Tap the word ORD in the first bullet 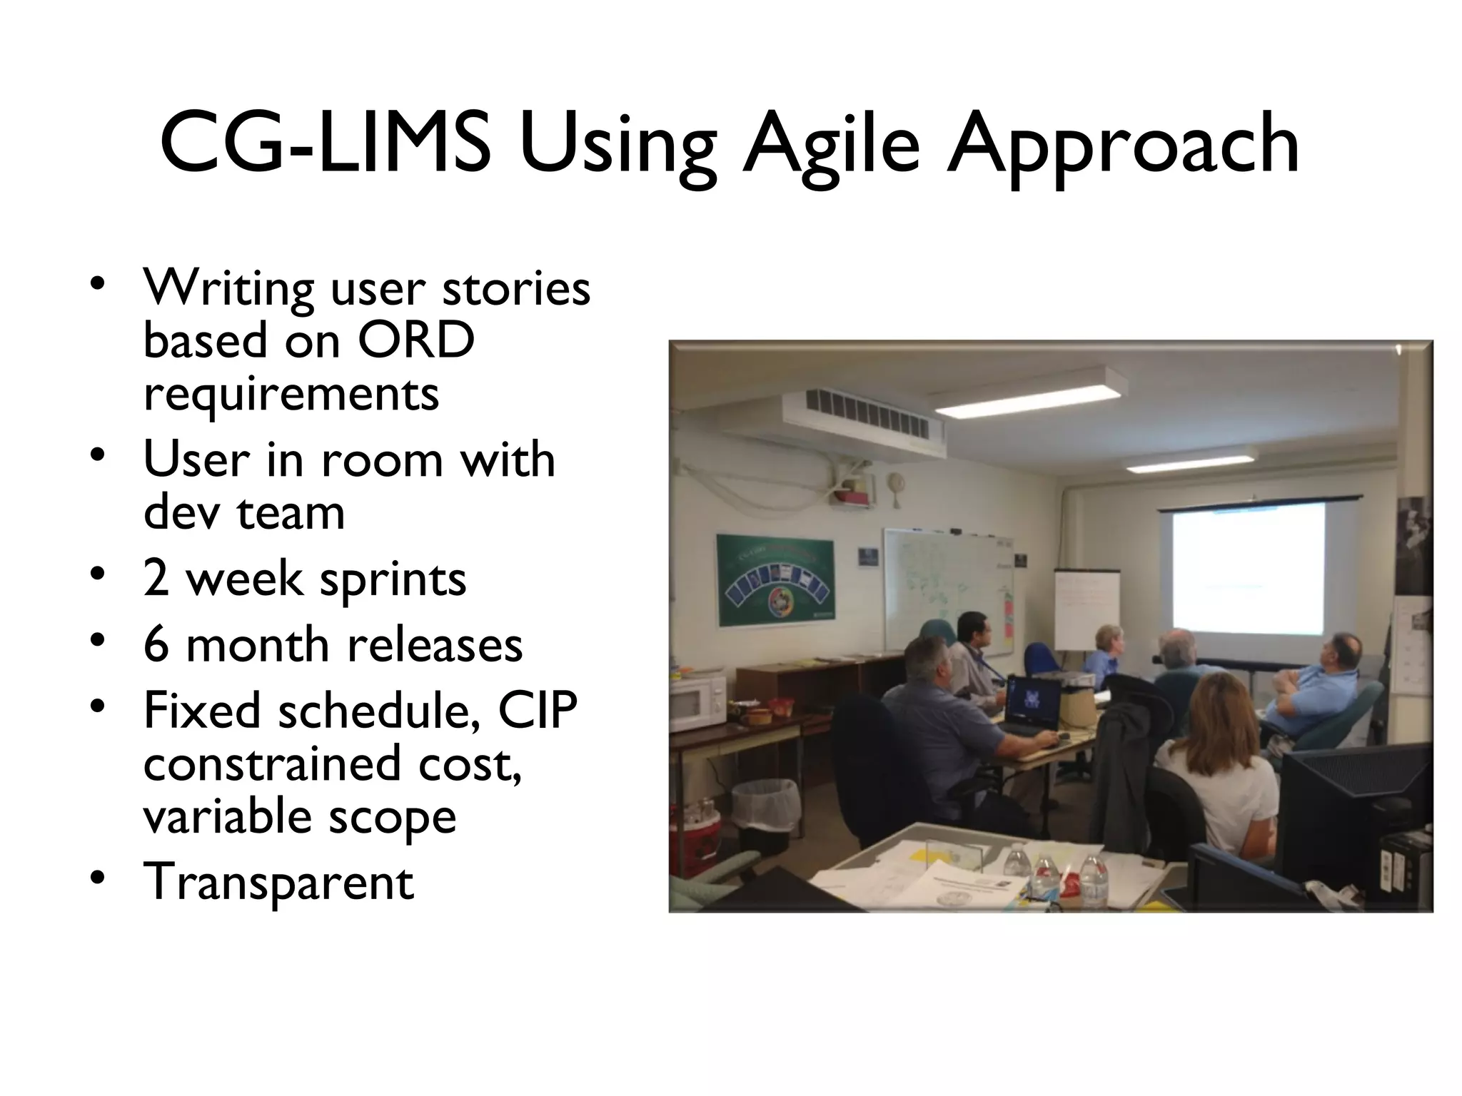click(x=415, y=340)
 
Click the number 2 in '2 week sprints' click(x=156, y=578)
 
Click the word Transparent click(x=278, y=882)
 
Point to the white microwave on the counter click(x=697, y=702)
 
